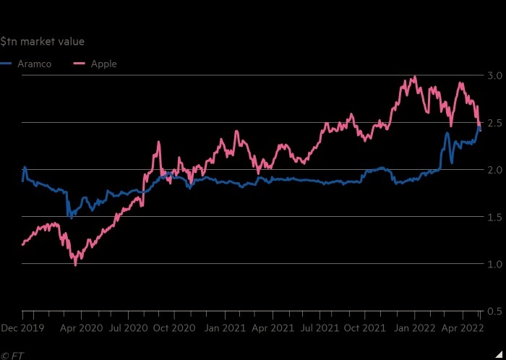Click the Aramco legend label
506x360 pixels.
pos(34,64)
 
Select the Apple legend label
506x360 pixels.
pos(103,64)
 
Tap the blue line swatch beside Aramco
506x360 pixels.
pos(6,64)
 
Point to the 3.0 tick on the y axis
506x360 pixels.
pos(494,75)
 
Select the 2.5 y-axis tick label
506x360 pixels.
pos(494,123)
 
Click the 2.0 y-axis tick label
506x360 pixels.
pos(494,170)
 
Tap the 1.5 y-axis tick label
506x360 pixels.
pos(494,217)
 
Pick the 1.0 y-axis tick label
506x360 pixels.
pos(494,264)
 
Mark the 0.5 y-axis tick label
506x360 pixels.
pos(494,312)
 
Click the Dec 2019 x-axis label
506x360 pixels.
pos(22,328)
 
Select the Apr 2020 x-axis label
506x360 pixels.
pos(81,328)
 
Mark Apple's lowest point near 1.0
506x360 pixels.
pos(75,265)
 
